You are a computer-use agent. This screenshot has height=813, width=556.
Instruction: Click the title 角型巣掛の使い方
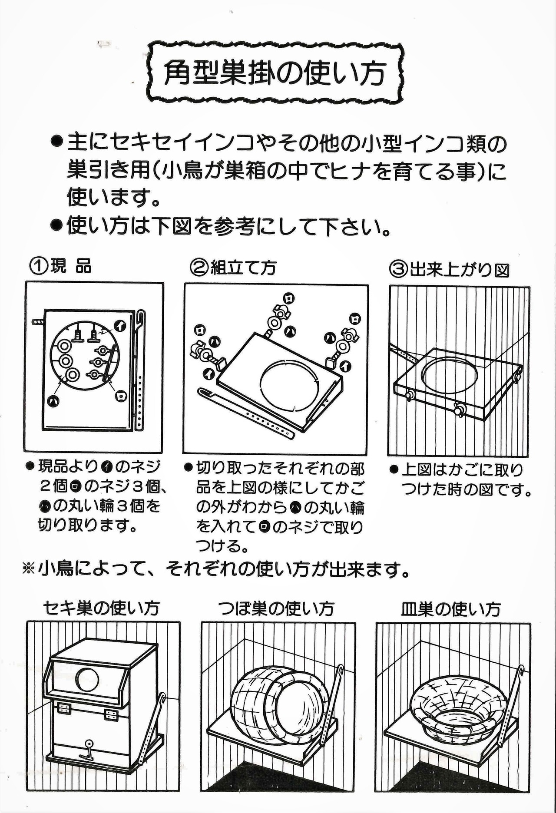pos(275,73)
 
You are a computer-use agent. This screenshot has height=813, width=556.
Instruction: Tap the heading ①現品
pos(61,265)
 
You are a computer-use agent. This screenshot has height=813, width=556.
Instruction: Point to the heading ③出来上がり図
pos(449,270)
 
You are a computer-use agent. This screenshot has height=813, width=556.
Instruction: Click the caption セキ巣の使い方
pos(102,608)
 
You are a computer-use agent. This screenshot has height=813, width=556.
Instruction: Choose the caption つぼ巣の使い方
pos(276,608)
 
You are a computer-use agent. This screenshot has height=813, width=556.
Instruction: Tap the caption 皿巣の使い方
pos(450,609)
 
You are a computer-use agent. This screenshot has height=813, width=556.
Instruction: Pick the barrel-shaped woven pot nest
pos(274,704)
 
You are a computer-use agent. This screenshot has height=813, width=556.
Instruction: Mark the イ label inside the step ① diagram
pos(119,324)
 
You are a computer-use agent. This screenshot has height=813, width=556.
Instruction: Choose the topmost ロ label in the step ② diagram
pos(289,298)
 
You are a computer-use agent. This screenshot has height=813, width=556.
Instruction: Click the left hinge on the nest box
pos(64,708)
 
